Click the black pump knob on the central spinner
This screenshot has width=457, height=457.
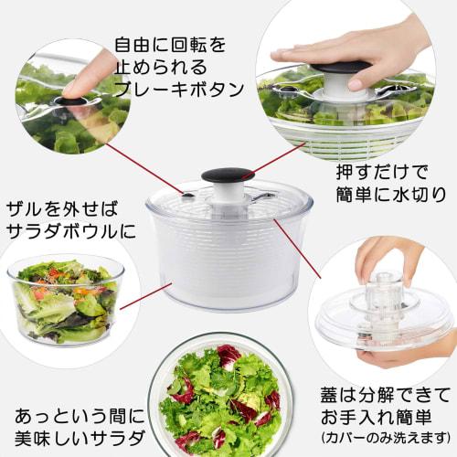coord(227,175)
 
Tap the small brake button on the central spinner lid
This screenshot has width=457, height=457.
coord(188,195)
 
